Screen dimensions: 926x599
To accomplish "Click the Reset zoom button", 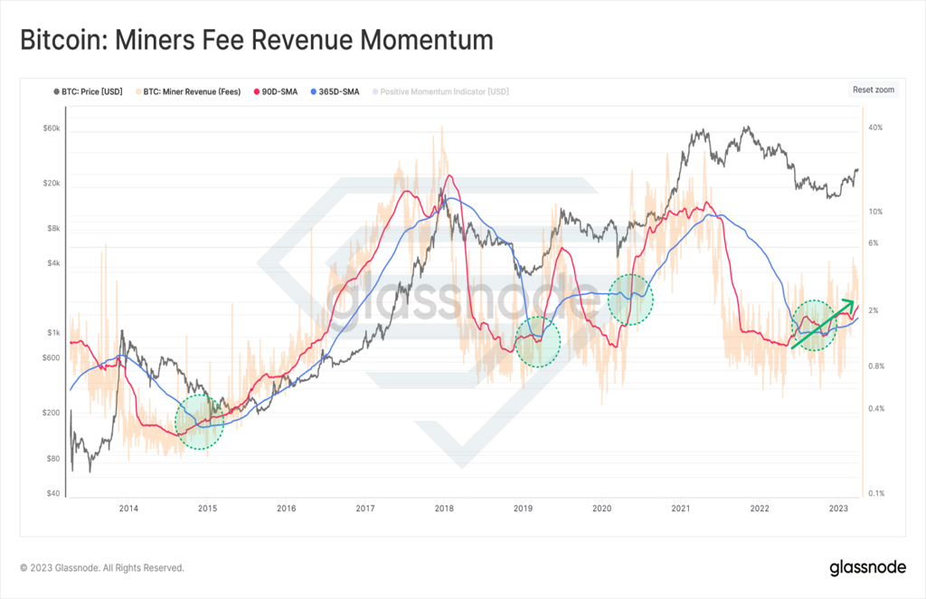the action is [x=873, y=90].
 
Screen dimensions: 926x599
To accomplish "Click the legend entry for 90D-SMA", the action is [x=276, y=91].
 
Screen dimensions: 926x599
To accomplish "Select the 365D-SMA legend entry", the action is [x=335, y=91].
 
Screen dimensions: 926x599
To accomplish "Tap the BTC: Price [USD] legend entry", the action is [x=89, y=91].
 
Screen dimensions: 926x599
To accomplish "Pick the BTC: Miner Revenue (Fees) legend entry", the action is [x=188, y=91].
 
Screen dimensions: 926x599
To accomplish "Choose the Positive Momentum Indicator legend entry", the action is [x=440, y=91].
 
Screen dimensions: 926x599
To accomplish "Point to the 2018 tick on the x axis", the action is [x=444, y=508].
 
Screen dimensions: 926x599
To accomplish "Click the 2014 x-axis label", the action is [x=128, y=508].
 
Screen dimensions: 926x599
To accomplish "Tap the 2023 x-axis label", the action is [x=838, y=508].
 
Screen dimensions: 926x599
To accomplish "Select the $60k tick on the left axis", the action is [x=52, y=128].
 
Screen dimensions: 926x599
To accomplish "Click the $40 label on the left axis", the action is [x=53, y=493].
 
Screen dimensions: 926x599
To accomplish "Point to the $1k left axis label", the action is [x=53, y=333].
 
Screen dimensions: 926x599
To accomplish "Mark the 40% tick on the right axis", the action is [x=875, y=128].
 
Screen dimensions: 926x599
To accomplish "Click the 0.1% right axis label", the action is [x=876, y=493].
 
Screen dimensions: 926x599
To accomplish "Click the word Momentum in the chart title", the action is [x=427, y=40].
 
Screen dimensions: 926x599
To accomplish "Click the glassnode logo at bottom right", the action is [x=867, y=567].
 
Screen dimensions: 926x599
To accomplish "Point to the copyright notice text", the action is [x=102, y=567].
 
